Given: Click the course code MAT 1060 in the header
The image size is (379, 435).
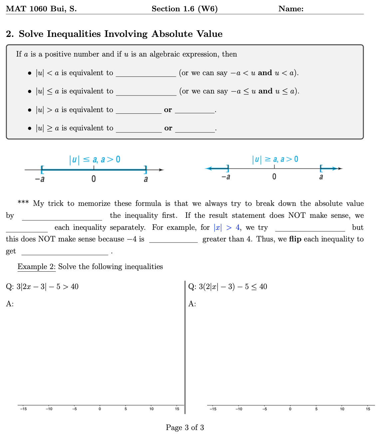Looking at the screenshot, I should pos(27,9).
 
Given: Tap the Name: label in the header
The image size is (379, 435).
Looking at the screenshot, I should pos(291,9).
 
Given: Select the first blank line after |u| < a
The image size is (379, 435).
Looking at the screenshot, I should pos(146,74).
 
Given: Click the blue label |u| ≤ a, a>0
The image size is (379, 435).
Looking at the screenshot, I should pos(95,160).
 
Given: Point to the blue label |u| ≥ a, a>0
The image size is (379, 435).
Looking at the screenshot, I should pos(275,159).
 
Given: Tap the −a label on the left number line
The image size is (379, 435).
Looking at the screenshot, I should pos(40,179).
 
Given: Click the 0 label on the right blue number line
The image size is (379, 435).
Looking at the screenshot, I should pos(274,177).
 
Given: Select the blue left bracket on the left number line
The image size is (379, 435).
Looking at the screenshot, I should pos(42,170).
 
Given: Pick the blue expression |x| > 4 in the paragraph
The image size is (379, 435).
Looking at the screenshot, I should pos(226,227).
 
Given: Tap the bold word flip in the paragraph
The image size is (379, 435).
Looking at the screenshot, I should pos(295,239).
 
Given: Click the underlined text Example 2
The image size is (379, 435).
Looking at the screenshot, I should pos(36,267).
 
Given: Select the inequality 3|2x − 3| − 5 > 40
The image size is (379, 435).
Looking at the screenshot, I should pos(47,287).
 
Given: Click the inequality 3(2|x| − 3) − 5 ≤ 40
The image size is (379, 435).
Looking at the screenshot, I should pos(233,287).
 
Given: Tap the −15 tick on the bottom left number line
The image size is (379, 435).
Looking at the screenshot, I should pos(23,409).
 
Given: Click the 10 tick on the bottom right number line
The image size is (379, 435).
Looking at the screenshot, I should pos(342,409).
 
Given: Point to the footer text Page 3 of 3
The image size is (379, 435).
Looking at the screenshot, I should pos(185,427).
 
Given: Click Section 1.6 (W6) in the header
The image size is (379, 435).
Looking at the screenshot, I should pos(185,9).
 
